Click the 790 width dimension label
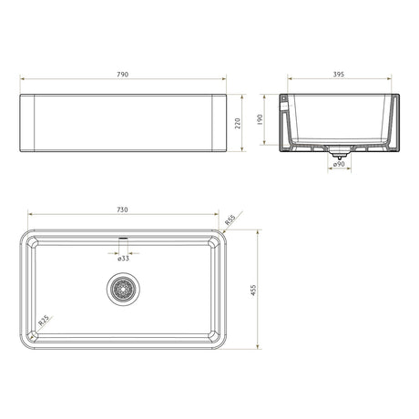[x=122, y=75]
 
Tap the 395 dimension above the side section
[x=339, y=75]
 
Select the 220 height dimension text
[x=238, y=123]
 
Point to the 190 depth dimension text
[x=260, y=119]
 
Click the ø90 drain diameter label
[x=339, y=164]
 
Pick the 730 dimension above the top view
[x=122, y=209]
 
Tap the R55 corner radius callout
[x=230, y=220]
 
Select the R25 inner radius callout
[x=44, y=321]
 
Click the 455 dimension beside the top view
[x=253, y=291]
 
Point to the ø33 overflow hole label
[x=123, y=259]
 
